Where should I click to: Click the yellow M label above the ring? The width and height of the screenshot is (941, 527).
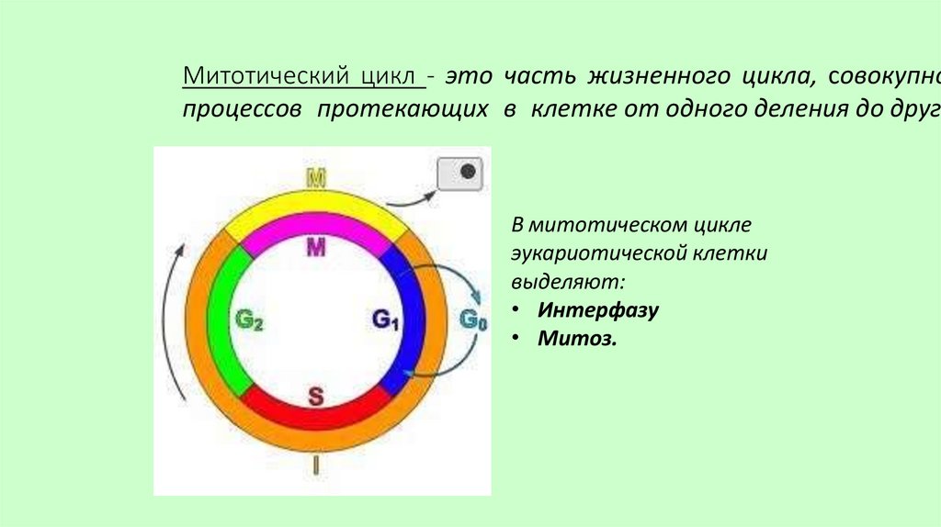coord(315,178)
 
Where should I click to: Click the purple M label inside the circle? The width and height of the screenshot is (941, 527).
coord(315,248)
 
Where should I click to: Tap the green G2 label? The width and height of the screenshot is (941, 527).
coord(249,320)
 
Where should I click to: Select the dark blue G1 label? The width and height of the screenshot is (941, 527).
coord(386,320)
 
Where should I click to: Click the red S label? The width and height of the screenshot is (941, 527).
coord(315,396)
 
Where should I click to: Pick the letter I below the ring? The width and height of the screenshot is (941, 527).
coord(315,465)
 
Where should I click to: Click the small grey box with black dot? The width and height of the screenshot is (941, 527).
coord(459,173)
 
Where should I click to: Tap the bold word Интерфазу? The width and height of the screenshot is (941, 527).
coord(599,309)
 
